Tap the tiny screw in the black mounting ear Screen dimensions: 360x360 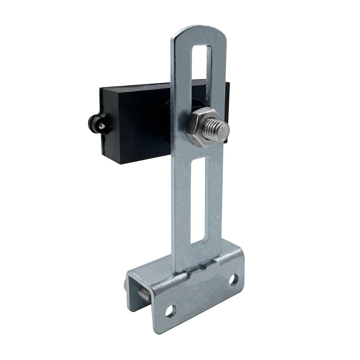(x=102, y=125)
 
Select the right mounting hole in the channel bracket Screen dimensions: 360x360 (x=233, y=279)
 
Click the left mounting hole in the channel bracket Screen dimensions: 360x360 (x=170, y=311)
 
